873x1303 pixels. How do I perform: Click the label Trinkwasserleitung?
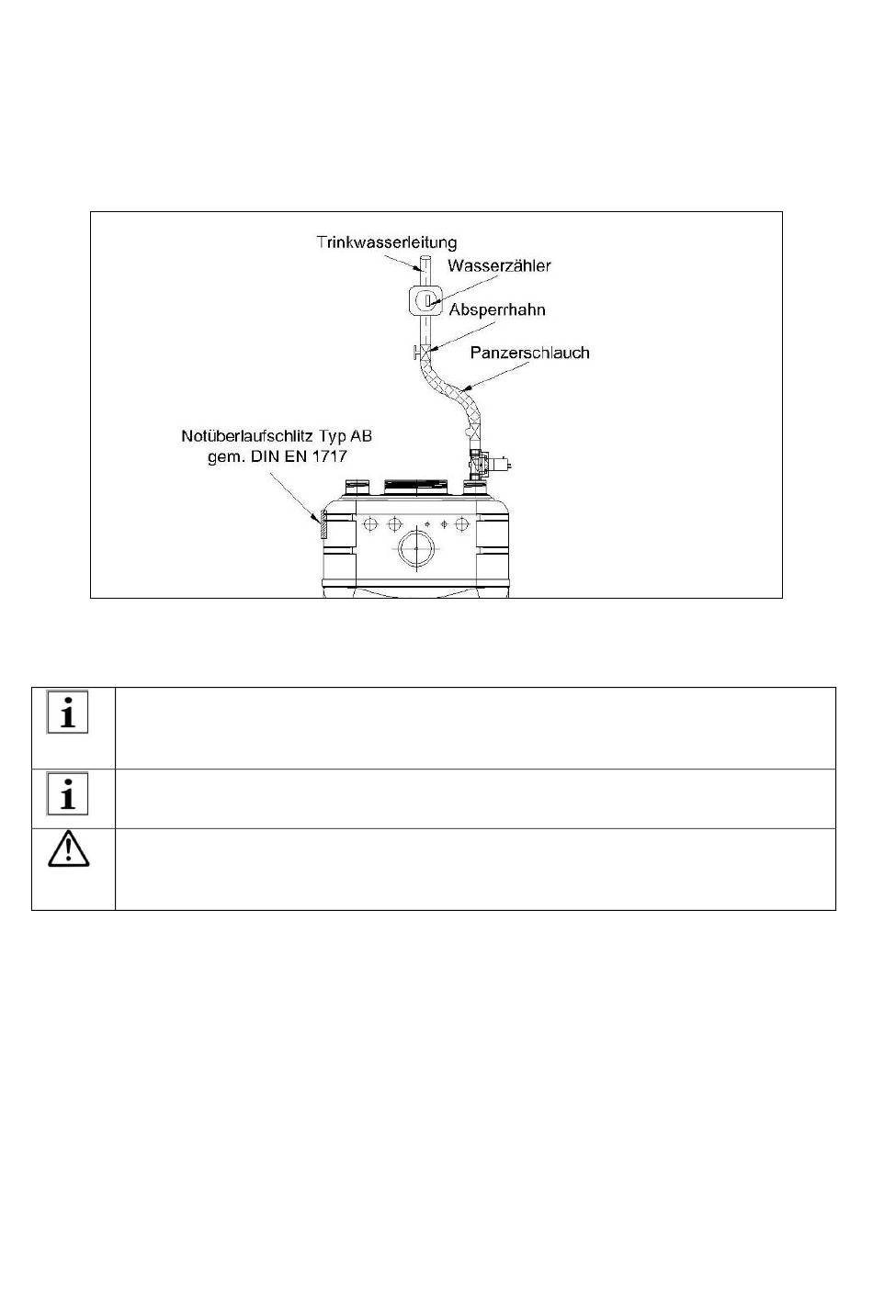tap(387, 243)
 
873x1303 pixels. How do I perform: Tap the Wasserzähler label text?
tap(500, 265)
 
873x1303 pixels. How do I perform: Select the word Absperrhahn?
tap(497, 309)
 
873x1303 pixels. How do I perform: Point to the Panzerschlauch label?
tap(529, 353)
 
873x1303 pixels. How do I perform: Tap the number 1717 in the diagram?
tap(331, 455)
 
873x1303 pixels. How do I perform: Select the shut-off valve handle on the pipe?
tap(416, 353)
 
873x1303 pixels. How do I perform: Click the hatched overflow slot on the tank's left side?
tap(323, 528)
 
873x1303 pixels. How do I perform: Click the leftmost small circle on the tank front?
tap(371, 524)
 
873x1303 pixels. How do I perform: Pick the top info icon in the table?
tap(68, 713)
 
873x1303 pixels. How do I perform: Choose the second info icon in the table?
tap(68, 793)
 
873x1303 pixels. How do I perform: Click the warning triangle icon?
tap(68, 851)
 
